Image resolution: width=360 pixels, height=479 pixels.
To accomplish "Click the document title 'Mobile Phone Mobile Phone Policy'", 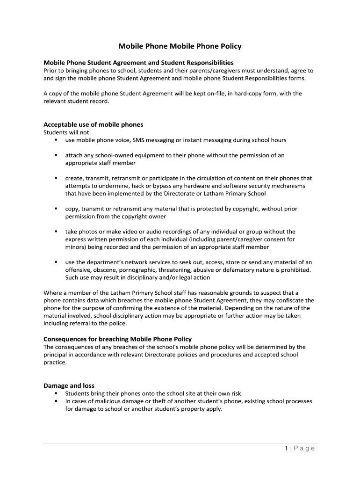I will pos(180,46).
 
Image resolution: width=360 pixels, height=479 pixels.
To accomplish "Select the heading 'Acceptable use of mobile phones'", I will pos(93,124).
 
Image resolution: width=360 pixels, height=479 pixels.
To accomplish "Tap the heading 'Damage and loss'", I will pos(69,385).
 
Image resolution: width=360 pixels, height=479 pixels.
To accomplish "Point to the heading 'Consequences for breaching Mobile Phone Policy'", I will pos(117,339).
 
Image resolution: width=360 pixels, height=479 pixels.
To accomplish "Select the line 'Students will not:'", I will pos(67,132).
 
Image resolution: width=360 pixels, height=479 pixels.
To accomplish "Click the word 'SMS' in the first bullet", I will pos(139,140).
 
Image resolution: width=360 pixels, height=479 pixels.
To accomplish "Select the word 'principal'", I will pos(57,355).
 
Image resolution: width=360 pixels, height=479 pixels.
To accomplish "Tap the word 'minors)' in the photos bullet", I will pos(76,247).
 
